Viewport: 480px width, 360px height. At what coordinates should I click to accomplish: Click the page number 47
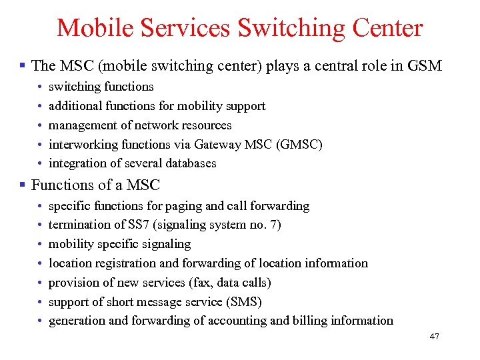pyautogui.click(x=434, y=337)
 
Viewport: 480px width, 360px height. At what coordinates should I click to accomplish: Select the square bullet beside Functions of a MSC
pyautogui.click(x=22, y=185)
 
